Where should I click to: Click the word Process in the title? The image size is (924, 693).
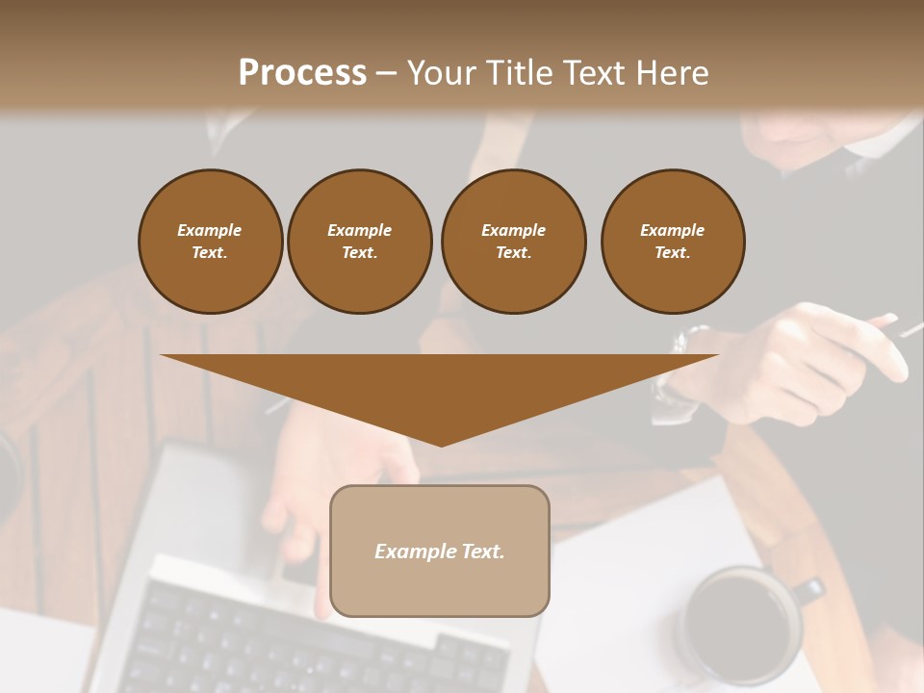coord(302,72)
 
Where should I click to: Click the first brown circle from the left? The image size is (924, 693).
coord(210,242)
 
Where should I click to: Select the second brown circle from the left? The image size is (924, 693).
coord(359,242)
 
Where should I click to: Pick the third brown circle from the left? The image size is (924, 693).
coord(513,242)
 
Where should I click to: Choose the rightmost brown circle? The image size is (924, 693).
coord(673,242)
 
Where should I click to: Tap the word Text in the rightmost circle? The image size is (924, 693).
coord(672,253)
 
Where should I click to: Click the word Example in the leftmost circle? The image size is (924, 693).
coord(210,230)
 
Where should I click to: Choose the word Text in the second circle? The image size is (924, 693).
coord(359,253)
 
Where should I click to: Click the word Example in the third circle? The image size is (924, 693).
coord(513,230)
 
